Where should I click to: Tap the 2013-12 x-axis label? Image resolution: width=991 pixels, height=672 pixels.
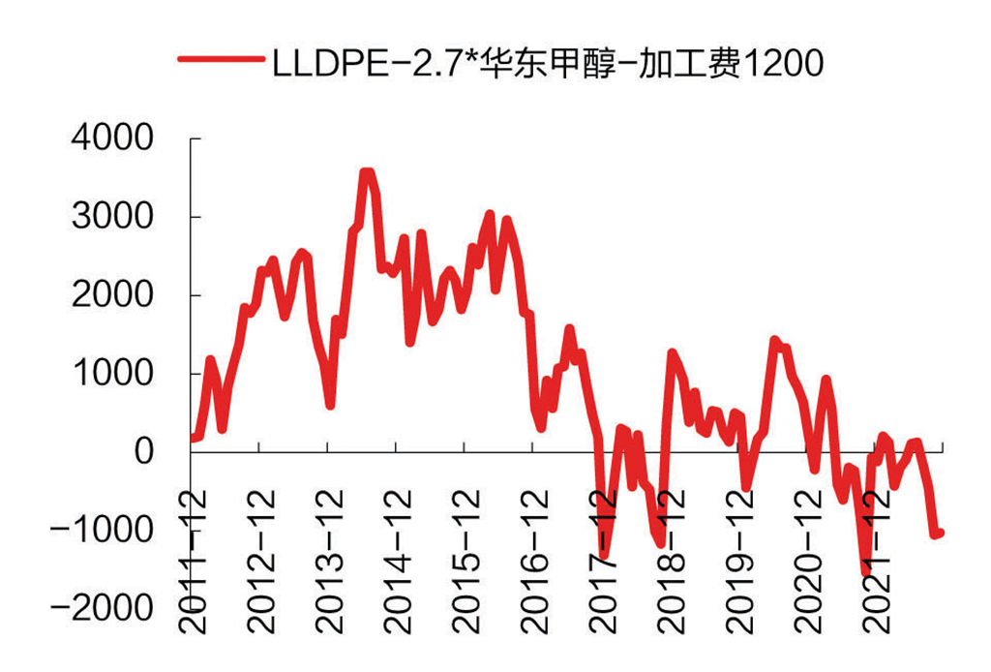point(331,562)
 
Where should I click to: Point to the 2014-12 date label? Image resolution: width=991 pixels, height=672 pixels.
point(399,562)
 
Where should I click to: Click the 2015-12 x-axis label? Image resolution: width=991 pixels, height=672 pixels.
point(466,562)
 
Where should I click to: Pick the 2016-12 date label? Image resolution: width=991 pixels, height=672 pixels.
point(534,562)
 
